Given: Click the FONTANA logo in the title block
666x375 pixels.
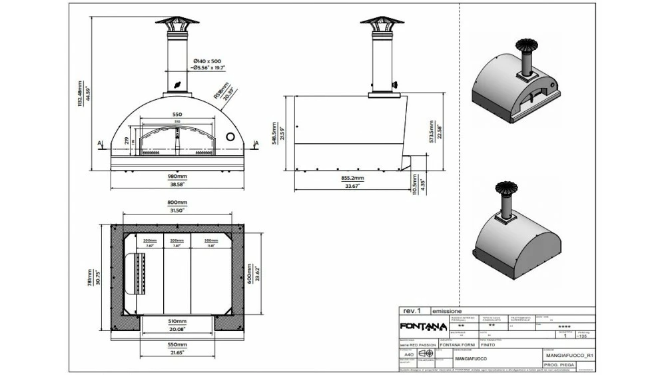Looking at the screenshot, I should [x=423, y=326].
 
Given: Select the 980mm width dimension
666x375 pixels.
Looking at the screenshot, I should [x=176, y=177].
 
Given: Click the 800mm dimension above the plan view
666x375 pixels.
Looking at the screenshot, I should [x=176, y=202].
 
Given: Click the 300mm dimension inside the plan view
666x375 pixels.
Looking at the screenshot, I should [x=211, y=240].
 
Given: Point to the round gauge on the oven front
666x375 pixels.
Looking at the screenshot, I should [x=231, y=137].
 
